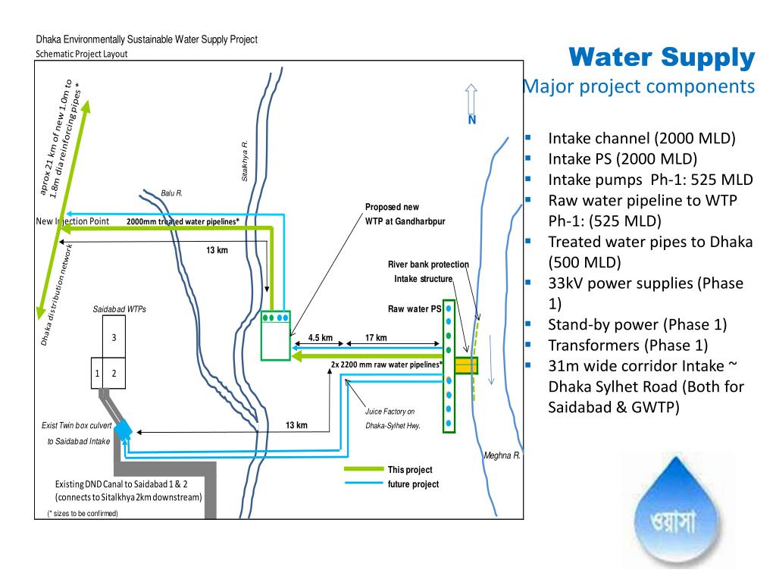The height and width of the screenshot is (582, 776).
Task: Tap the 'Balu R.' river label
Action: pyautogui.click(x=172, y=193)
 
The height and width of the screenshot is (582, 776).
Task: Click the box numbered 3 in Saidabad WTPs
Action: pyautogui.click(x=114, y=336)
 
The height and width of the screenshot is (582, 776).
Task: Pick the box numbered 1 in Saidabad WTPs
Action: pyautogui.click(x=97, y=372)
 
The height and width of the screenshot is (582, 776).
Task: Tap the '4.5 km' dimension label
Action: pyautogui.click(x=321, y=338)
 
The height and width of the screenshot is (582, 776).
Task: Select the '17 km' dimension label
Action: pyautogui.click(x=376, y=338)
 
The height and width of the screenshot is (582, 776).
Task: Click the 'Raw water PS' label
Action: pyautogui.click(x=414, y=309)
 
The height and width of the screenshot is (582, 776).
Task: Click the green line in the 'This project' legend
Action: pyautogui.click(x=364, y=469)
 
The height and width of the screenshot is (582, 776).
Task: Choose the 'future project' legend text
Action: pyautogui.click(x=413, y=483)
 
